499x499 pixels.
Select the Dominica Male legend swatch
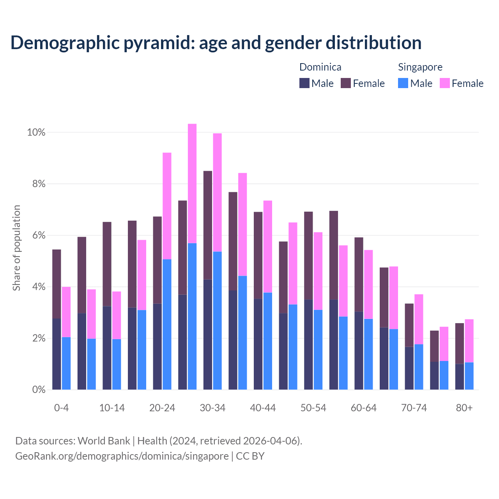(x=304, y=83)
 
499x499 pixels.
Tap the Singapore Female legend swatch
(x=444, y=83)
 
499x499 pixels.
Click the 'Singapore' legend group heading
(x=420, y=67)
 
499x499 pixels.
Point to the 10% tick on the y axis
(x=36, y=133)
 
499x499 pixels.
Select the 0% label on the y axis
(x=38, y=389)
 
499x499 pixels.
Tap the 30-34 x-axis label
(x=212, y=408)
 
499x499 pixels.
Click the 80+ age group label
(x=464, y=408)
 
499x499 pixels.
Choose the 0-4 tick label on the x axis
(x=62, y=408)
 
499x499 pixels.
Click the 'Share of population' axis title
(x=17, y=248)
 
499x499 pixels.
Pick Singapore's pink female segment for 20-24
(x=167, y=206)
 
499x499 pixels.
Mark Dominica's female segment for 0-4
(x=57, y=284)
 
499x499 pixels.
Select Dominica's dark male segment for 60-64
(x=359, y=350)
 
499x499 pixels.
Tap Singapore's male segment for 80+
(x=469, y=376)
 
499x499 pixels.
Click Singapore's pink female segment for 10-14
(x=117, y=315)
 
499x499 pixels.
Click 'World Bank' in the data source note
(x=104, y=441)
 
